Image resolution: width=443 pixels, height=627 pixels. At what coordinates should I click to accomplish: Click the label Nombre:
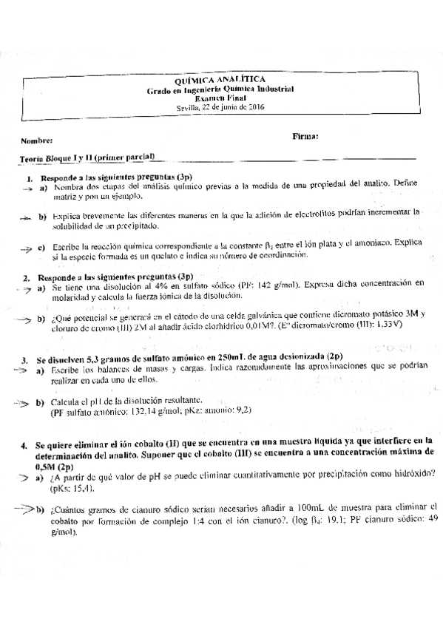click(x=36, y=140)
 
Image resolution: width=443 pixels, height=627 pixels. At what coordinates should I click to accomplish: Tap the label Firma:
click(x=305, y=136)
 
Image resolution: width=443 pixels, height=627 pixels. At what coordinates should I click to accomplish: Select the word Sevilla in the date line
click(x=189, y=106)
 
